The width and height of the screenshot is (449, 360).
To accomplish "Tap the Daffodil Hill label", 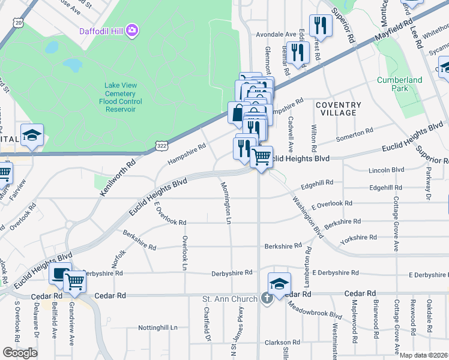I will click(x=102, y=31).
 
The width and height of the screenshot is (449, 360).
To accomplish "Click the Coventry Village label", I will click(x=339, y=109).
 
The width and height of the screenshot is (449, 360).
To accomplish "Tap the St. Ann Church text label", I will click(x=231, y=298).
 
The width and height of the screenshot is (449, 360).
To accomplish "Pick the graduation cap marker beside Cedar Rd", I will click(x=279, y=284).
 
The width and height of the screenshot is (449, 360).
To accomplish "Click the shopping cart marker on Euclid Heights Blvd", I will click(x=261, y=157).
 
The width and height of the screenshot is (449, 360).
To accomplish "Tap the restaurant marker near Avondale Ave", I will click(x=321, y=26).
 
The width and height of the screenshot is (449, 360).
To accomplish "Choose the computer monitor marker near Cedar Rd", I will click(x=60, y=274).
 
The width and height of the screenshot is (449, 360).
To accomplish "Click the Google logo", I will click(x=20, y=352).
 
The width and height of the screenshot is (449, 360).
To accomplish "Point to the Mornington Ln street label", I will click(x=227, y=202).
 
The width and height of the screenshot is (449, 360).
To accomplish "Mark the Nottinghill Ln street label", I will click(x=158, y=328).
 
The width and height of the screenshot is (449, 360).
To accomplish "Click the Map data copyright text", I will click(x=424, y=355).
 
